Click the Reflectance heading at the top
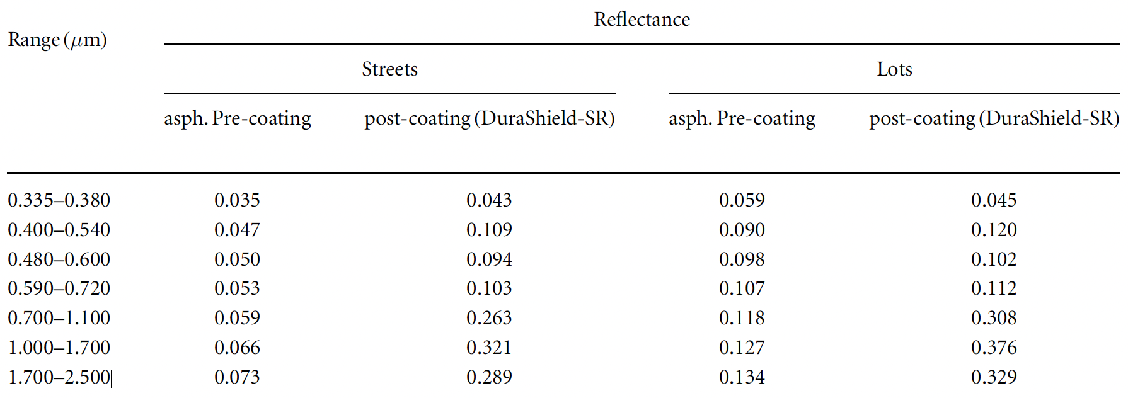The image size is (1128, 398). [642, 20]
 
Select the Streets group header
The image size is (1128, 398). [389, 69]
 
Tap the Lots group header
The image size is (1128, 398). [894, 69]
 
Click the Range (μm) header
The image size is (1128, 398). [57, 40]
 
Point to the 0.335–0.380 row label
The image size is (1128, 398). [59, 200]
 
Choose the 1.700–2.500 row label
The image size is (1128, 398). [59, 377]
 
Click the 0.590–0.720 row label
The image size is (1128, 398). [59, 288]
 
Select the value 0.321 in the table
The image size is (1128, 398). [489, 348]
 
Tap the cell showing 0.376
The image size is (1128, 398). [994, 348]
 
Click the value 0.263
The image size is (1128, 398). [489, 318]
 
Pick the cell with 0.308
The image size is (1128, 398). [994, 318]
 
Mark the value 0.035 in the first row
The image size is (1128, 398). [237, 200]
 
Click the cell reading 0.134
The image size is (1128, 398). [742, 377]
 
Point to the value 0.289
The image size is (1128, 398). [489, 377]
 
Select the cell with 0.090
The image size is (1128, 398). [742, 230]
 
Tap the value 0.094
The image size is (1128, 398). [489, 259]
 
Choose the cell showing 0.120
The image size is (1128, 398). [994, 230]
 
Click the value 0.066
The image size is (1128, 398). [237, 348]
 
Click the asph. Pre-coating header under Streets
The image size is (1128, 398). [238, 119]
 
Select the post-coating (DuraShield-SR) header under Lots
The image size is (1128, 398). [994, 119]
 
